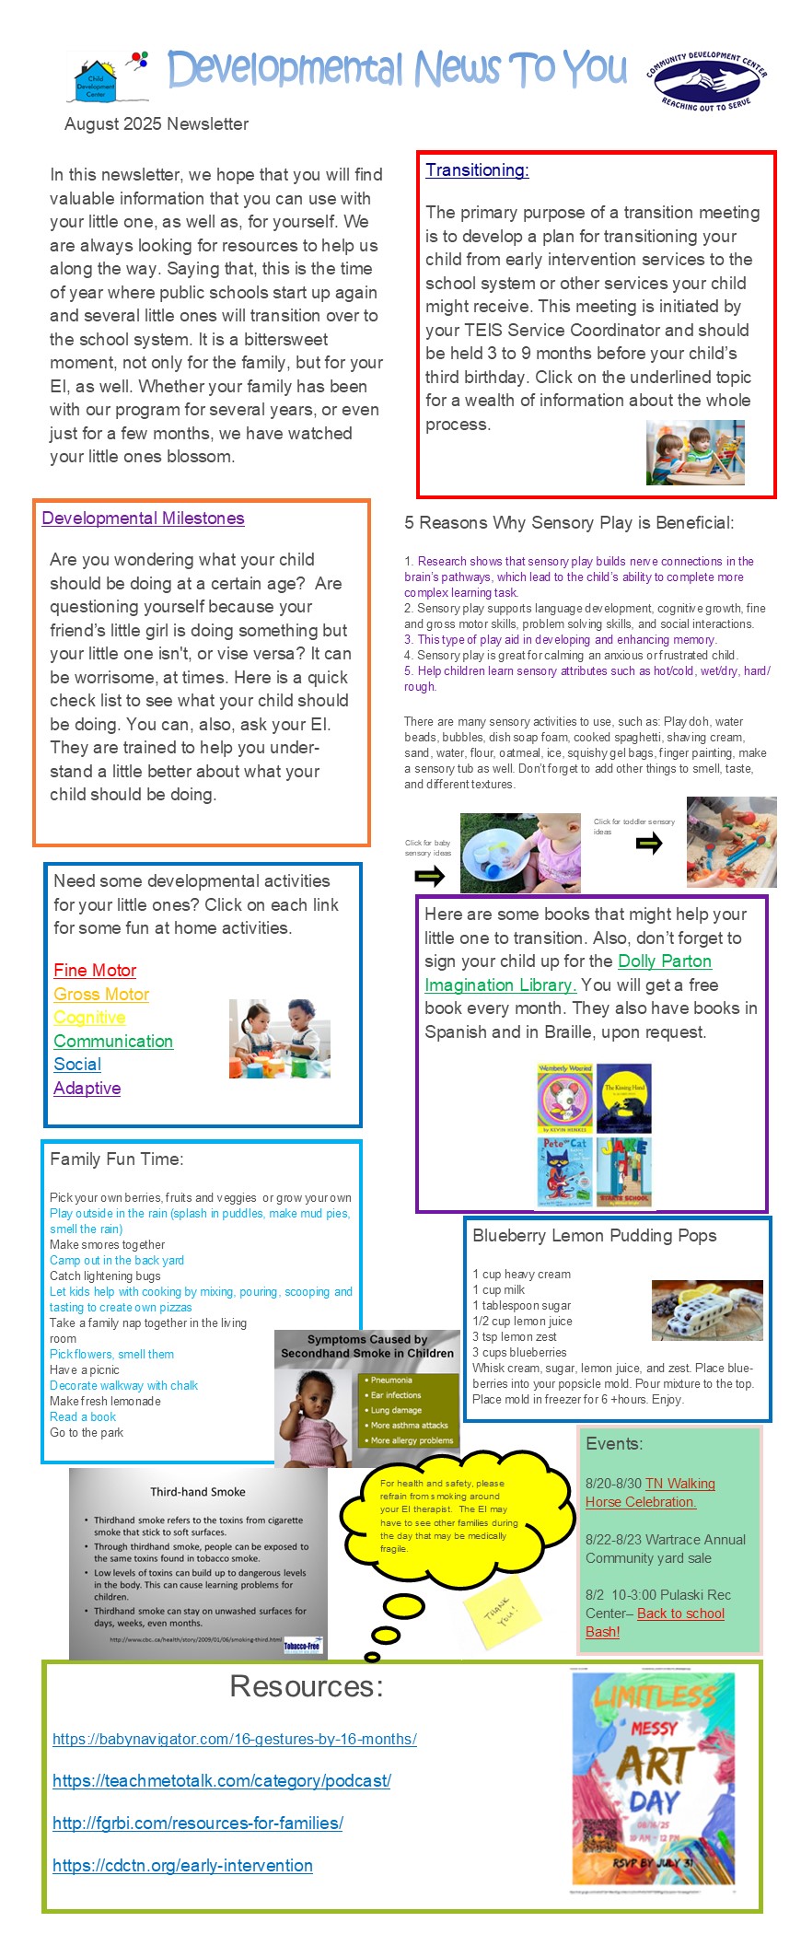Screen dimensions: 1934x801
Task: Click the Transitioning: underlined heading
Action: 477,170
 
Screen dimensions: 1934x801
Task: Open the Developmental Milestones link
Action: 143,518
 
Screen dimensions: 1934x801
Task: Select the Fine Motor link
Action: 95,971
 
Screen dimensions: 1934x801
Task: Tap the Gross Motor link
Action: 101,995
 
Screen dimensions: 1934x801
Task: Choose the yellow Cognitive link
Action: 89,1018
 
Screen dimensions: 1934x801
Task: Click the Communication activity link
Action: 113,1042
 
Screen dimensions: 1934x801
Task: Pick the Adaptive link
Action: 87,1089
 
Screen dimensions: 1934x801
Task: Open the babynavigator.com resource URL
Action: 235,1740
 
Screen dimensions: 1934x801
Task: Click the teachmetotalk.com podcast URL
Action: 222,1781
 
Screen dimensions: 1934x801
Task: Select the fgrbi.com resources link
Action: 198,1823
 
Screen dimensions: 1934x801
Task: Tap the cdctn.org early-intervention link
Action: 182,1866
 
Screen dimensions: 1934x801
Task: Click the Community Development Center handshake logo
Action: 707,81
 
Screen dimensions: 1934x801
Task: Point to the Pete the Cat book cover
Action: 564,1171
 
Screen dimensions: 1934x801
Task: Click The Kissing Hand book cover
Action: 623,1098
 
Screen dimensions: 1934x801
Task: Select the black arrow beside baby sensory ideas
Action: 430,876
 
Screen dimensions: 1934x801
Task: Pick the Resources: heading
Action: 306,1686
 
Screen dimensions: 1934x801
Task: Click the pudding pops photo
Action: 706,1310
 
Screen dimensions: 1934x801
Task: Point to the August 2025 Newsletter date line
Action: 157,124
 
